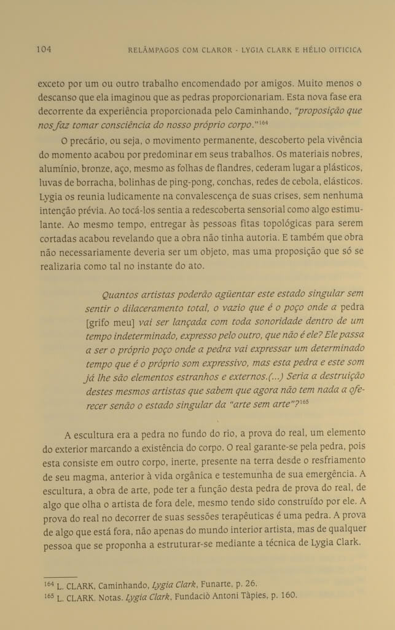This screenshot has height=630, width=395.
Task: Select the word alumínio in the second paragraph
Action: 55,169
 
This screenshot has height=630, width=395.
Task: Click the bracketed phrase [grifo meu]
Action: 109,322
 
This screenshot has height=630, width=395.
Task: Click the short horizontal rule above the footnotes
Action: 60,576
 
